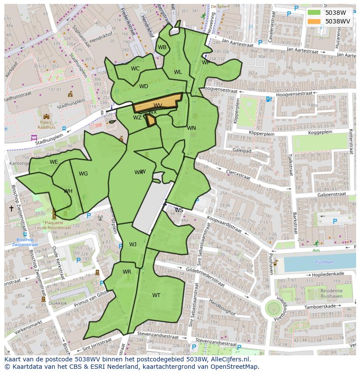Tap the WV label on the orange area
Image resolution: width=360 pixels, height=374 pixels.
point(158,106)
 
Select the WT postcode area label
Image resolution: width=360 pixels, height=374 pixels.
point(156,295)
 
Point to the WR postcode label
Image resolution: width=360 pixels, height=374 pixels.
point(127,272)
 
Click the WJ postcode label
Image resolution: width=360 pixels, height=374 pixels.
point(133,245)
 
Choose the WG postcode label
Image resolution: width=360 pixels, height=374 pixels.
point(83,174)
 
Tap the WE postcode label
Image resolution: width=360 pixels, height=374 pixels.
point(54,162)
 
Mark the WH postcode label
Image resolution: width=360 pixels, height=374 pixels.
point(68,191)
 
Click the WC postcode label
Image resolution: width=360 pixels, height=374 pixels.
point(135,69)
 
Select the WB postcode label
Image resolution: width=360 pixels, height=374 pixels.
point(162,47)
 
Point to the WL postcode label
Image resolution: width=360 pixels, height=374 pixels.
point(178,72)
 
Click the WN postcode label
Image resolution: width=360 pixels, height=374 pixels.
point(191,128)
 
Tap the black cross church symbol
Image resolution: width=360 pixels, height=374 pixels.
point(11,209)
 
